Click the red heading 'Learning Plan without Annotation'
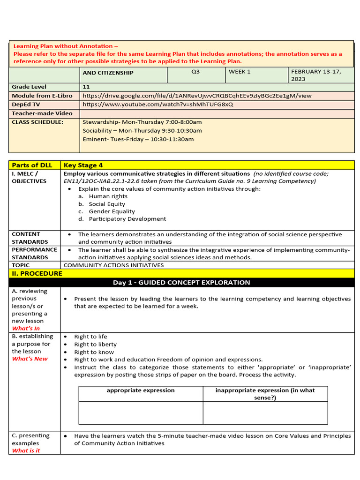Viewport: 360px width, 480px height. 63,46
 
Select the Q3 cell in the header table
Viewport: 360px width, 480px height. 195,72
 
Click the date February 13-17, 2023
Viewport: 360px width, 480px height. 316,75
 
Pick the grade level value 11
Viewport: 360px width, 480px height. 86,87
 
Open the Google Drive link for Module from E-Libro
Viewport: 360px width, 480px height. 197,96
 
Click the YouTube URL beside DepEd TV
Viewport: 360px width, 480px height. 157,104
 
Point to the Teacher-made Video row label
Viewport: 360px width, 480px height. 42,113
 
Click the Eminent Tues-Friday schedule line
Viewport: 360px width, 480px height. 138,139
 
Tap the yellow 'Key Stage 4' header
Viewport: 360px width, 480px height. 83,165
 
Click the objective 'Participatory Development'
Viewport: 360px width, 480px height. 127,219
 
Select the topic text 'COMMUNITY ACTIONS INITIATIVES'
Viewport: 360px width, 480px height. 113,265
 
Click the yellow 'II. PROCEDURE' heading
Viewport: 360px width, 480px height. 37,273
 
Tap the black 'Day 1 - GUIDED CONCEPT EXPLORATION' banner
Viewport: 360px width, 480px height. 181,282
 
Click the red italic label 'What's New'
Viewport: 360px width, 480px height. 30,359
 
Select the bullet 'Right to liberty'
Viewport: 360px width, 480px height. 95,344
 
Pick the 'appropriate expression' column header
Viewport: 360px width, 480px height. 141,390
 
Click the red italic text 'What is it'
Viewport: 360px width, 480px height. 26,450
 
